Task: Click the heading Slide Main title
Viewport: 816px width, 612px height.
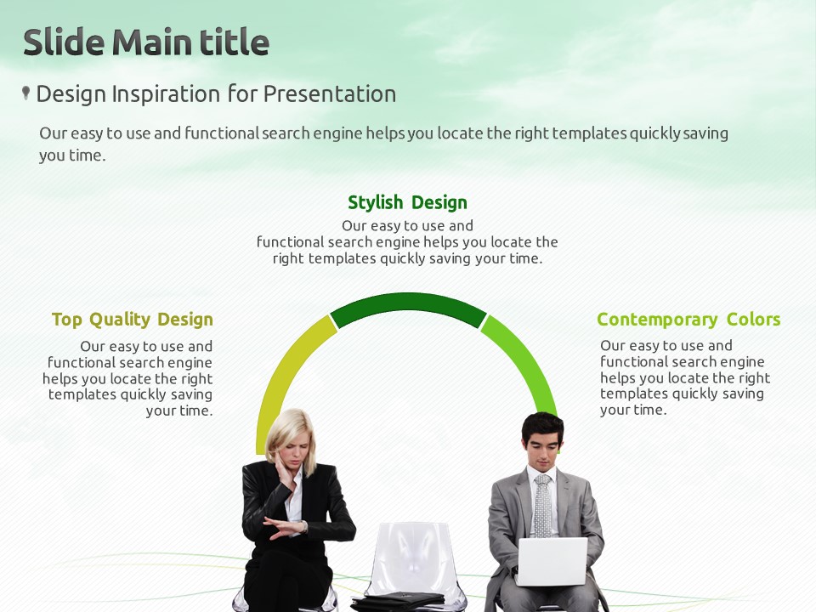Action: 146,42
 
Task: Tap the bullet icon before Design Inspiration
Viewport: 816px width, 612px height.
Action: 25,93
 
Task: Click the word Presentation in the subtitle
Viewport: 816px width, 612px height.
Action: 330,94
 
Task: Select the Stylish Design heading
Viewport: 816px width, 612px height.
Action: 407,202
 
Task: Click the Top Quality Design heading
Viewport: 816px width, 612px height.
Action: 133,320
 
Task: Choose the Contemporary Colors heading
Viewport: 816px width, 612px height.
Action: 688,320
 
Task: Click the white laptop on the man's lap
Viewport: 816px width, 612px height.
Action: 552,562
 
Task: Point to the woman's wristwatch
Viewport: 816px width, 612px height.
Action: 304,527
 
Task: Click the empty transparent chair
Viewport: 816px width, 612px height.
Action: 411,562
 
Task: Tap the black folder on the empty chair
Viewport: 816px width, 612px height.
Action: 398,601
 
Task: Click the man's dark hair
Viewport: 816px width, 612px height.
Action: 542,428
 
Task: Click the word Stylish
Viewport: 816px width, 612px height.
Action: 375,202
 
